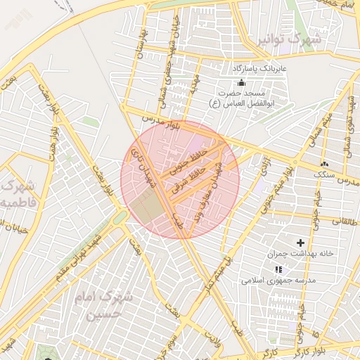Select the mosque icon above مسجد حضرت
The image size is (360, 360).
click(242, 83)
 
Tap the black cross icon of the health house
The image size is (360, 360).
click(300, 243)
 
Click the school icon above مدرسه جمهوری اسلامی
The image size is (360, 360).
click(279, 269)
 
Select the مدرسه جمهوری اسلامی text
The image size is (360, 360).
click(279, 280)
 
